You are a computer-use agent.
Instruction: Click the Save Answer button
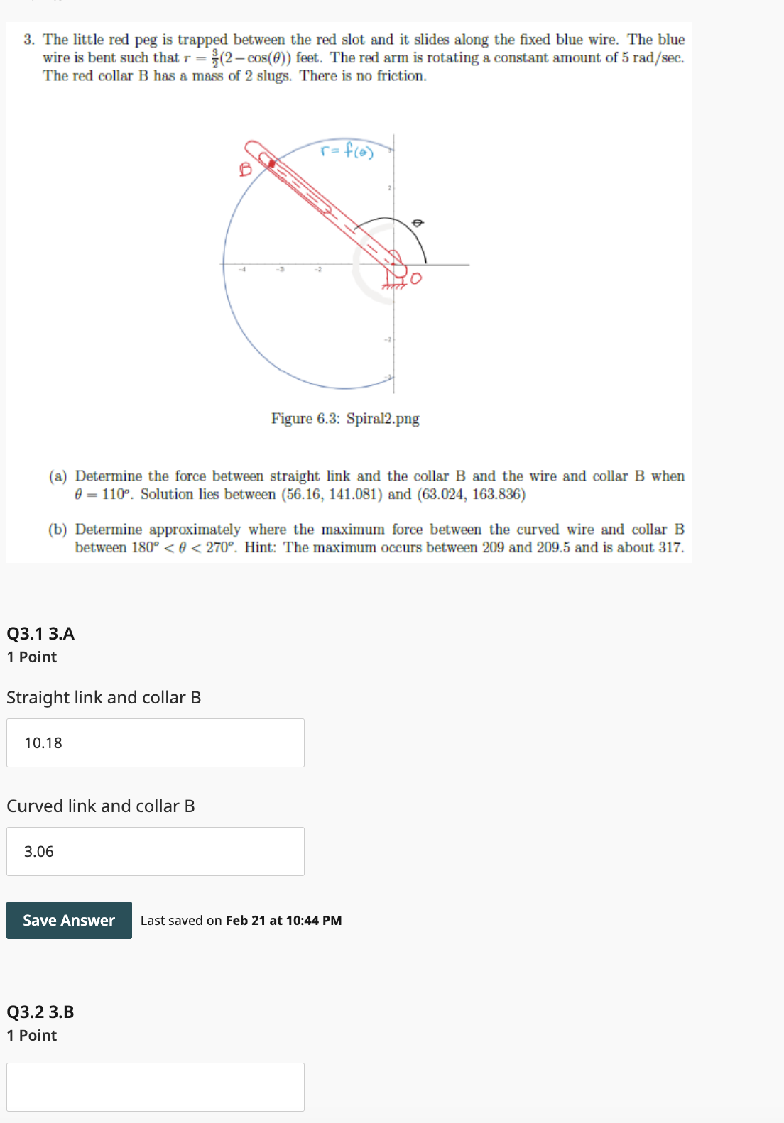69,920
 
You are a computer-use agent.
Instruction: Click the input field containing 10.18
155,743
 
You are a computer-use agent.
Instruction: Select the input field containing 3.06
155,851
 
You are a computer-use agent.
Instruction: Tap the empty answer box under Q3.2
155,1086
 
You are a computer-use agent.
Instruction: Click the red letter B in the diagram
246,169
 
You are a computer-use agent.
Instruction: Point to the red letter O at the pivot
415,278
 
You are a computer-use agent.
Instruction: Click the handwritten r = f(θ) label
347,150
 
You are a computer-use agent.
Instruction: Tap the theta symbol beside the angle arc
418,223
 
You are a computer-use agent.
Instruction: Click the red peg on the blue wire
271,164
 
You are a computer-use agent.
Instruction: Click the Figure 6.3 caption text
345,418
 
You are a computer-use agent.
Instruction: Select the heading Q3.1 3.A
40,633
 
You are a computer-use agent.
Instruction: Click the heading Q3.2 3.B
40,1012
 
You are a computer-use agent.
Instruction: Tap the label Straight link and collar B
104,697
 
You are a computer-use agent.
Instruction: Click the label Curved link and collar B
101,806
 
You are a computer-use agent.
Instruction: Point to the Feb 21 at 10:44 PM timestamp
283,920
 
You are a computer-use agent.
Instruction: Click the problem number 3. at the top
29,40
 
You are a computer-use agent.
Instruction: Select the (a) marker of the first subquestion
58,476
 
